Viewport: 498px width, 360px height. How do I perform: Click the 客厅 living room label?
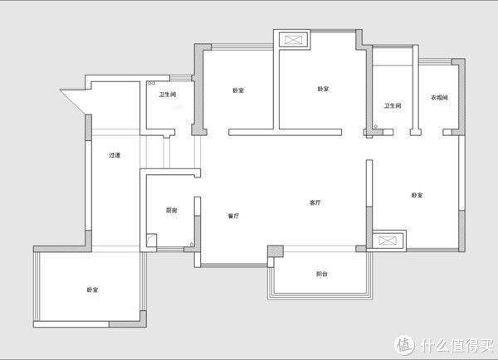click(x=315, y=202)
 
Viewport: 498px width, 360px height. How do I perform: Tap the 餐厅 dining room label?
click(x=233, y=216)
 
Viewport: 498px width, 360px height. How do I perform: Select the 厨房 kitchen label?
click(x=172, y=210)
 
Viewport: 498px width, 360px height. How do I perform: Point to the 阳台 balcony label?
click(x=322, y=274)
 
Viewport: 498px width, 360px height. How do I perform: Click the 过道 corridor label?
click(x=115, y=155)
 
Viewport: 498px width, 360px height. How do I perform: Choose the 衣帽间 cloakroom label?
click(x=439, y=97)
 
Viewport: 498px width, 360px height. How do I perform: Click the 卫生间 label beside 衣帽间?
click(x=393, y=105)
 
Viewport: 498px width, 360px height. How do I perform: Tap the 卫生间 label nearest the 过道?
click(x=168, y=95)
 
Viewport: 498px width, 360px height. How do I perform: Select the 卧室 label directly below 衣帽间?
click(x=417, y=195)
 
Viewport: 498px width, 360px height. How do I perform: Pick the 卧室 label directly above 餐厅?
click(x=238, y=90)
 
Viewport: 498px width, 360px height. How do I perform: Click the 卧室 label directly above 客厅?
click(x=323, y=90)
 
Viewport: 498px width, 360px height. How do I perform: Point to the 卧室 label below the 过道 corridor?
click(x=92, y=289)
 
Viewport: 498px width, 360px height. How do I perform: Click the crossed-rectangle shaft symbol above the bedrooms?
click(x=294, y=40)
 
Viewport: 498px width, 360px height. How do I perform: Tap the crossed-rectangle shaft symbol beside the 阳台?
click(x=388, y=241)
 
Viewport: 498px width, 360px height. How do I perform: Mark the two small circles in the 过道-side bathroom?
click(x=152, y=83)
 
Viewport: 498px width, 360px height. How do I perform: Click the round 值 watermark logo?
click(x=404, y=345)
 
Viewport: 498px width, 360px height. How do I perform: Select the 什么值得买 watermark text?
click(x=456, y=345)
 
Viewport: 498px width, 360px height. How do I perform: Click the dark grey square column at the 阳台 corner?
click(x=275, y=251)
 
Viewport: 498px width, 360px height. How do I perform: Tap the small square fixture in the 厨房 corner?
click(x=152, y=241)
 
